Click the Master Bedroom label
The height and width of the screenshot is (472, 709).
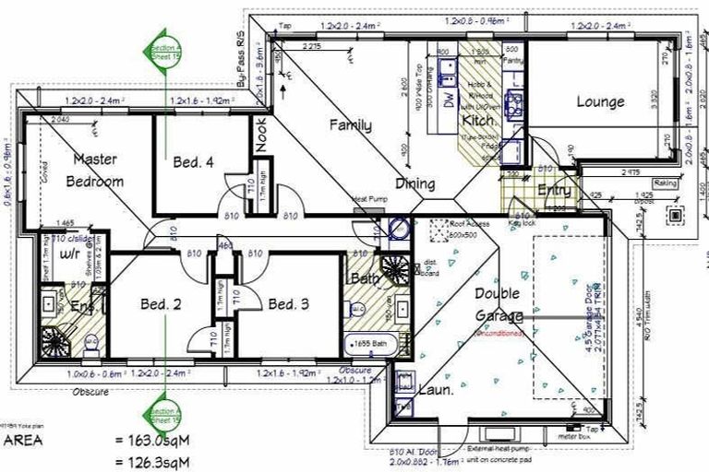[x=97, y=170]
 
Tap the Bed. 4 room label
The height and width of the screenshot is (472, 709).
[x=194, y=162]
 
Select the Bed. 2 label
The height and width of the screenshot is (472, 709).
[x=161, y=303]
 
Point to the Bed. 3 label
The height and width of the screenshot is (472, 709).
[x=288, y=303]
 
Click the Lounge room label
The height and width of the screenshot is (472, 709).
[x=601, y=102]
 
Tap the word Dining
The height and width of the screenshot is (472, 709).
[x=415, y=183]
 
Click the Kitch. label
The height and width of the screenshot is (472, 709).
[x=479, y=122]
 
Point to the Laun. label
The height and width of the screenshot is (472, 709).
[x=438, y=390]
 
